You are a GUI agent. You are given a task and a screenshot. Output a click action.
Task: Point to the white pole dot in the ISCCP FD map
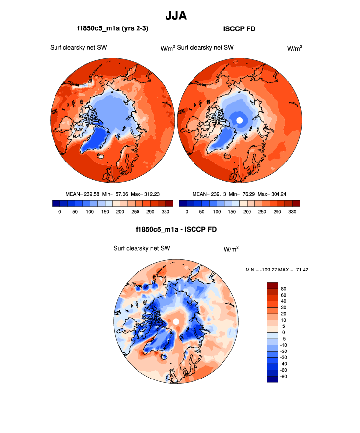239,120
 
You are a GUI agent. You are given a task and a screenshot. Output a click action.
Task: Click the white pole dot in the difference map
175,321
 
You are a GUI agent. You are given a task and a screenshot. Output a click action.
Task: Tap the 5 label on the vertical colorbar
284,326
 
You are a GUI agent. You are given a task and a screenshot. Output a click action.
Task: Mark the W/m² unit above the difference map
231,249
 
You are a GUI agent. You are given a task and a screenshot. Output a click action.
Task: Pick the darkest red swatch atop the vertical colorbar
273,285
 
